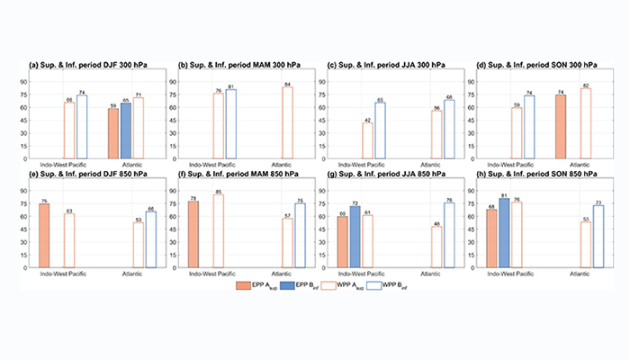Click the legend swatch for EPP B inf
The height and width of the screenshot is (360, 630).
[288, 285]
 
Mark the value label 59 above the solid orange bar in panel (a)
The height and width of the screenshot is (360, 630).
[112, 105]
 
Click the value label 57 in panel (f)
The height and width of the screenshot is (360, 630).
[287, 215]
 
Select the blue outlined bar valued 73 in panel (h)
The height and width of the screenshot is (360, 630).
[598, 237]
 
